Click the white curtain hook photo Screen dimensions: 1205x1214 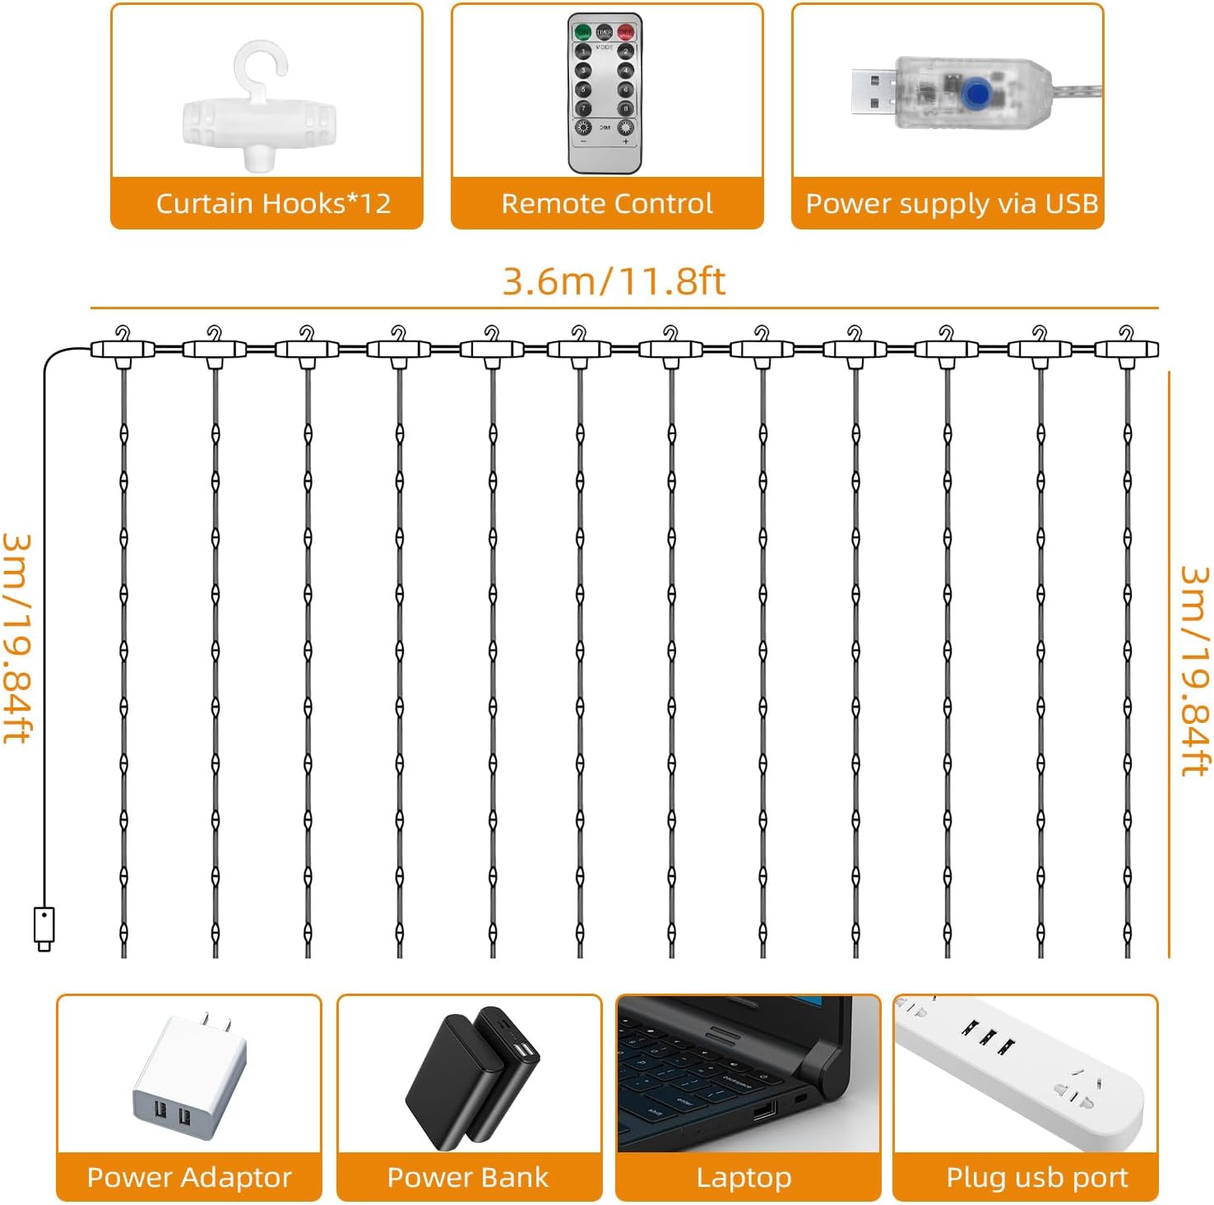[260, 110]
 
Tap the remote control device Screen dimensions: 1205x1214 [605, 93]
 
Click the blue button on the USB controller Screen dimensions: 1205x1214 [976, 94]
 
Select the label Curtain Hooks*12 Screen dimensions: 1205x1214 [273, 203]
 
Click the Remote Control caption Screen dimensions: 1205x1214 [607, 203]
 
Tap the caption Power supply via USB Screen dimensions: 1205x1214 [952, 203]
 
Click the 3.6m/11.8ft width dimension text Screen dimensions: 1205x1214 [614, 281]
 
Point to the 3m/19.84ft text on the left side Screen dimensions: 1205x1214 [18, 638]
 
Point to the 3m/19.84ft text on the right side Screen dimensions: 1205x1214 [1194, 670]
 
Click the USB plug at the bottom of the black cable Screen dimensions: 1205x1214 [44, 927]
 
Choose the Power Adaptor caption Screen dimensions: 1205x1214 [189, 1177]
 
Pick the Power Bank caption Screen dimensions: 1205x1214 [467, 1177]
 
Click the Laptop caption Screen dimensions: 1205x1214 [744, 1177]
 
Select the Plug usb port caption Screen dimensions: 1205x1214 [1036, 1177]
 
